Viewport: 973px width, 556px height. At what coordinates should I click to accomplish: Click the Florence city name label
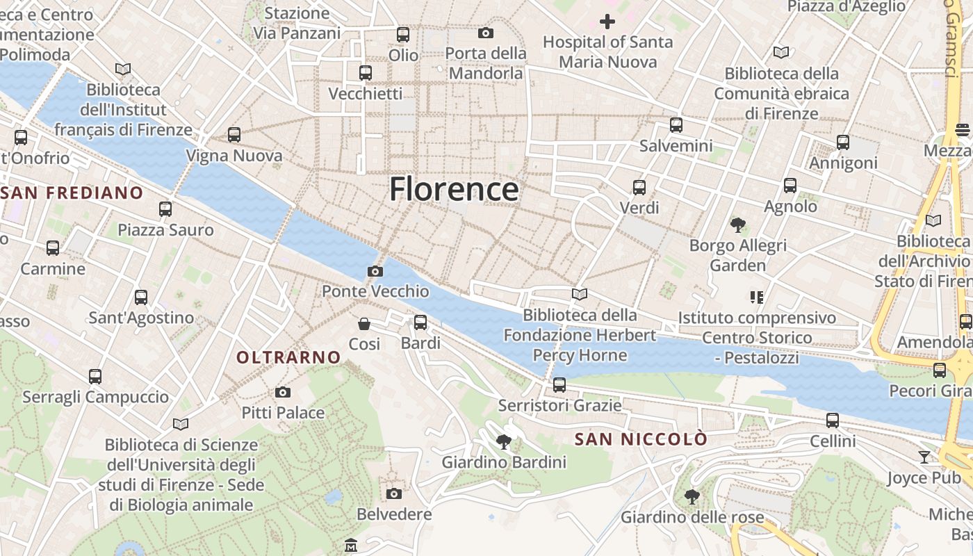coord(454,189)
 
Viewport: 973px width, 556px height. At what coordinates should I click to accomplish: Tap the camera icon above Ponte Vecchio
coord(375,271)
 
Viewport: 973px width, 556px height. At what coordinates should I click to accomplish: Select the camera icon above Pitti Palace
coord(282,392)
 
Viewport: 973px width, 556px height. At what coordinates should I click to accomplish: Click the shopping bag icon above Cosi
coord(364,324)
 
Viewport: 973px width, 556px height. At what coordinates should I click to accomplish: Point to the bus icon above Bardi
coord(420,322)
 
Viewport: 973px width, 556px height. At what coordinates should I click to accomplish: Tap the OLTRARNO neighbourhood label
coord(289,357)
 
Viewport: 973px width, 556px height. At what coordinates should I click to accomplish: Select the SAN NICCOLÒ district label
coord(641,439)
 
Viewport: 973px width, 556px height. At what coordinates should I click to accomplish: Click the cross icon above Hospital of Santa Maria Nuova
coord(607,22)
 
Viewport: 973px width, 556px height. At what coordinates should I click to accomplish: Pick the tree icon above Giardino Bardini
coord(504,441)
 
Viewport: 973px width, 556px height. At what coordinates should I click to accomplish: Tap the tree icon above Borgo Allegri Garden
coord(737,224)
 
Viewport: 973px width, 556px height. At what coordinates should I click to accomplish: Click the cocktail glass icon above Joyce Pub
coord(924,457)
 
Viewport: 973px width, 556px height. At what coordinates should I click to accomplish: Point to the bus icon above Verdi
coord(639,188)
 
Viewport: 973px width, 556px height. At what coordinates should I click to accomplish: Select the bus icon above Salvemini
coord(676,125)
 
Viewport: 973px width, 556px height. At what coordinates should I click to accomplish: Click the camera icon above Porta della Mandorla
coord(486,33)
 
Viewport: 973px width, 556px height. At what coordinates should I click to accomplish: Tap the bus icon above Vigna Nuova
coord(234,135)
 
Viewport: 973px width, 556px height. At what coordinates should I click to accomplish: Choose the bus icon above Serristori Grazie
coord(559,385)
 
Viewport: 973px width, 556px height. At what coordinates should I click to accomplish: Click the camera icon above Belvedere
coord(394,493)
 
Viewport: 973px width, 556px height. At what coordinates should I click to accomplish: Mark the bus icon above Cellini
coord(833,420)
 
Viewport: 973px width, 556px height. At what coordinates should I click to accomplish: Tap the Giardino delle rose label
coord(692,517)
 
